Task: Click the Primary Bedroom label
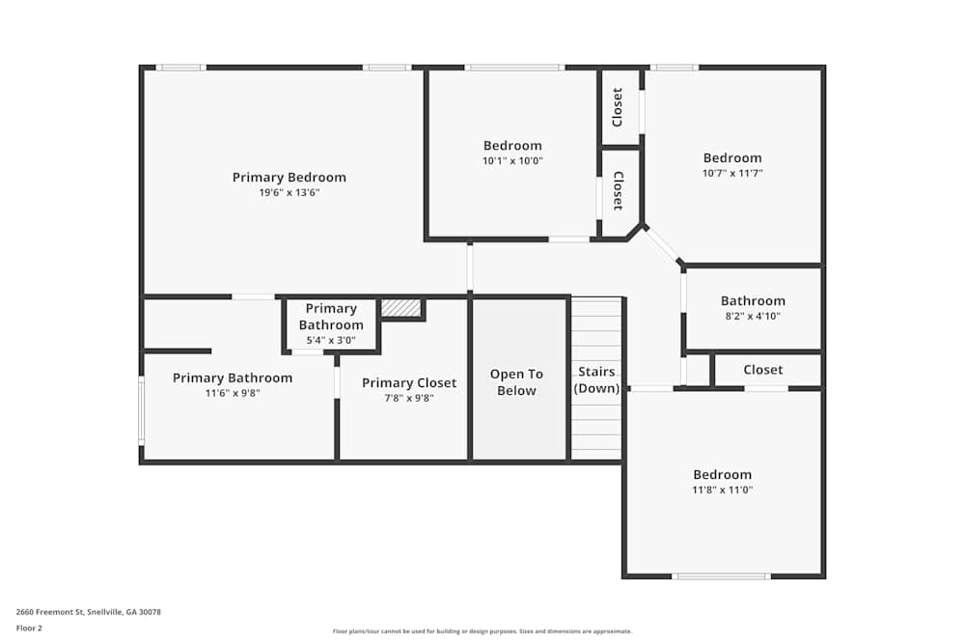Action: [289, 178]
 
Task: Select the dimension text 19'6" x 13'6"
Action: [289, 193]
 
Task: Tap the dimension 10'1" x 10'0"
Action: [512, 161]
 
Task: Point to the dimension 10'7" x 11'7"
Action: [732, 174]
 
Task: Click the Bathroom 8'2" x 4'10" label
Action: [753, 301]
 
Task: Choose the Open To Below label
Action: [516, 382]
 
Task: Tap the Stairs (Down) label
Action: [595, 379]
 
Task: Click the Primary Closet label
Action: [409, 383]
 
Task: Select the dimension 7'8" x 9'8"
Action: [409, 398]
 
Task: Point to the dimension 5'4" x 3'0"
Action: [331, 340]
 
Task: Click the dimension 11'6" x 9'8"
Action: [232, 393]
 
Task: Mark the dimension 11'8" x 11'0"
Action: [722, 490]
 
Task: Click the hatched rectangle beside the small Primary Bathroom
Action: [400, 308]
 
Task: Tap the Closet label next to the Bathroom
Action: [762, 370]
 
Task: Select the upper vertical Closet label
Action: [618, 107]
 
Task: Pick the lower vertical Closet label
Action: [618, 191]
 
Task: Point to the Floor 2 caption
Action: [30, 628]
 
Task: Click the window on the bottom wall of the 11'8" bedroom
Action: [721, 576]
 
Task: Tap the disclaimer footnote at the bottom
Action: [482, 631]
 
